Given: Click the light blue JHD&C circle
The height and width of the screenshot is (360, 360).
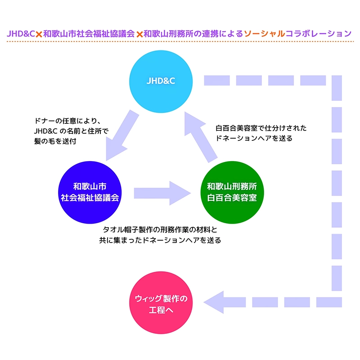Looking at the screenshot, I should tap(161, 81).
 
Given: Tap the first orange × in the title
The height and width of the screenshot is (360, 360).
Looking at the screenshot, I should tap(39, 34).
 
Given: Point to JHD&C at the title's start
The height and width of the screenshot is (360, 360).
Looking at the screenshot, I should tap(21, 33).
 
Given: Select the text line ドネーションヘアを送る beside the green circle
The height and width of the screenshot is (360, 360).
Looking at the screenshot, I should tap(254, 139).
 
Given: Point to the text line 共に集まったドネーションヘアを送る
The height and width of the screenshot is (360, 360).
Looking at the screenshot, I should tap(160, 240).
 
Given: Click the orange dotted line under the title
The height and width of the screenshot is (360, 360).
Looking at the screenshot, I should tap(180, 42).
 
